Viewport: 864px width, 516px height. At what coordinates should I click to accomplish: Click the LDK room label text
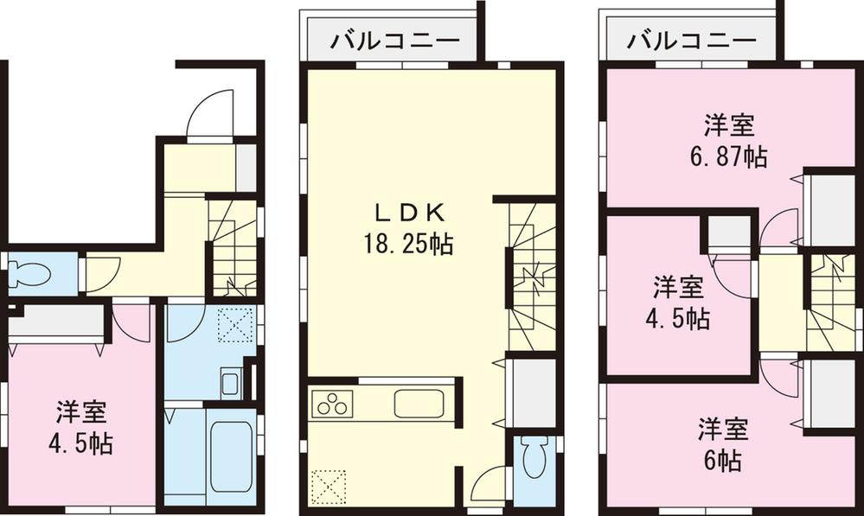pos(409,212)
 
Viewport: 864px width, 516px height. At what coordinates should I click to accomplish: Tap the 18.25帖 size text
pos(409,245)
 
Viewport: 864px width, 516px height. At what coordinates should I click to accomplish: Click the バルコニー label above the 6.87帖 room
pos(691,40)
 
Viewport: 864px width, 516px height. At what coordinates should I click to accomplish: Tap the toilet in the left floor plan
pos(29,276)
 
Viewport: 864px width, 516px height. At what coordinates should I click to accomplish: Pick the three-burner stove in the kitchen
pos(333,404)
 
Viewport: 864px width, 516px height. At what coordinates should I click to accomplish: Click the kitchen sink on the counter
pos(419,404)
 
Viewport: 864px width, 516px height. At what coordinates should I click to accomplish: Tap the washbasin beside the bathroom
pos(230,381)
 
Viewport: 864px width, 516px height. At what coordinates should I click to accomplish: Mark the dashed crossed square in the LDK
pos(329,485)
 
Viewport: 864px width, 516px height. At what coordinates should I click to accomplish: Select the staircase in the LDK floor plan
pos(531,277)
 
